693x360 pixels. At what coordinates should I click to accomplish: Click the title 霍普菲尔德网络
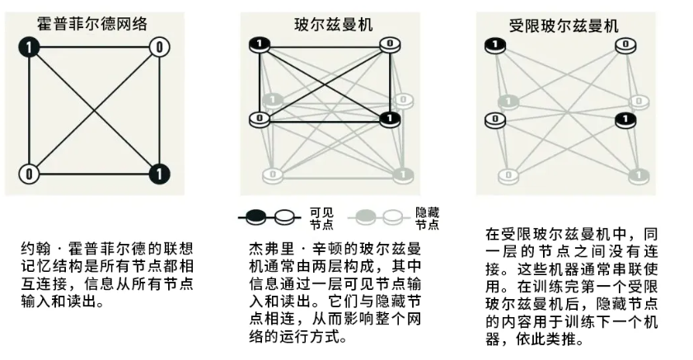[x=93, y=23]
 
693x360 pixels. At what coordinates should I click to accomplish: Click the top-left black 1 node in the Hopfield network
[x=30, y=48]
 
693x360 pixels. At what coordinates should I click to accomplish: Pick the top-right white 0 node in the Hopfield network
[x=160, y=47]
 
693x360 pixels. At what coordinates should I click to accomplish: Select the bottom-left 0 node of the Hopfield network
[x=30, y=174]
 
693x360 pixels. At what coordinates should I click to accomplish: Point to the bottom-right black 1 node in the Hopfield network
[x=160, y=174]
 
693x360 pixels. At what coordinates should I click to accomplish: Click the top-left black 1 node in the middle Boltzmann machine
[x=260, y=44]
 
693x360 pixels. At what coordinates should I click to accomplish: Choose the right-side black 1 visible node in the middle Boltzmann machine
[x=389, y=119]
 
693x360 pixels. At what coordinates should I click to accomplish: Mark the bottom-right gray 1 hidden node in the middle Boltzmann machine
[x=401, y=175]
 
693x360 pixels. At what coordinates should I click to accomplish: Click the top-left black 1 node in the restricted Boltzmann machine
[x=494, y=45]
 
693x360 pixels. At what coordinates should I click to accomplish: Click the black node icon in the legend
[x=257, y=217]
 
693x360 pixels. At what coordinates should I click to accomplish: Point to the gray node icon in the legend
[x=368, y=217]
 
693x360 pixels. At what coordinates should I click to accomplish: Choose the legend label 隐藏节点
[x=426, y=217]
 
